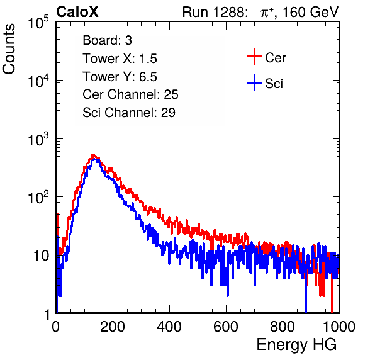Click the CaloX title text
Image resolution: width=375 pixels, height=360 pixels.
point(77,12)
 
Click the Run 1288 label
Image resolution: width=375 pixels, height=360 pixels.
point(215,12)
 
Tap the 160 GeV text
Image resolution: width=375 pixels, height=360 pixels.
point(310,12)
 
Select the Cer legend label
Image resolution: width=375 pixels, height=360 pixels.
point(275,58)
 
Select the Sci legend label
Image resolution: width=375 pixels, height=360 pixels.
point(274,84)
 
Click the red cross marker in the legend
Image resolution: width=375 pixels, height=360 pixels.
point(254,57)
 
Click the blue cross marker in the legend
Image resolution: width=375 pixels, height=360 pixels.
point(254,82)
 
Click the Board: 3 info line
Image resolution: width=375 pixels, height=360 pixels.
point(107,40)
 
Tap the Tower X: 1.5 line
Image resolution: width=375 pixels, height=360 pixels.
point(120,59)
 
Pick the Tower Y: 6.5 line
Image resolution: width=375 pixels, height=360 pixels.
point(120,77)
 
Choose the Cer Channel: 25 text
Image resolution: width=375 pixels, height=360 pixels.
point(130,94)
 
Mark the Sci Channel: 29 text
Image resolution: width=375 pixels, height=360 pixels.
point(129,113)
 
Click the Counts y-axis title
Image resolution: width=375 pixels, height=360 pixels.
point(9,49)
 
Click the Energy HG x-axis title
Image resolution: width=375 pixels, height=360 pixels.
point(296,345)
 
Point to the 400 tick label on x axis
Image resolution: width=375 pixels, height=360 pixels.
point(169,327)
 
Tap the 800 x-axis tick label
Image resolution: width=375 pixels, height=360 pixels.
point(283,327)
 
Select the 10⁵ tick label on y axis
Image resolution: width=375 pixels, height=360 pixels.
point(38,22)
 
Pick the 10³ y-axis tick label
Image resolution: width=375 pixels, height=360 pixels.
point(38,138)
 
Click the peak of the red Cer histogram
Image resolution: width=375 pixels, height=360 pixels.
point(93,155)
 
